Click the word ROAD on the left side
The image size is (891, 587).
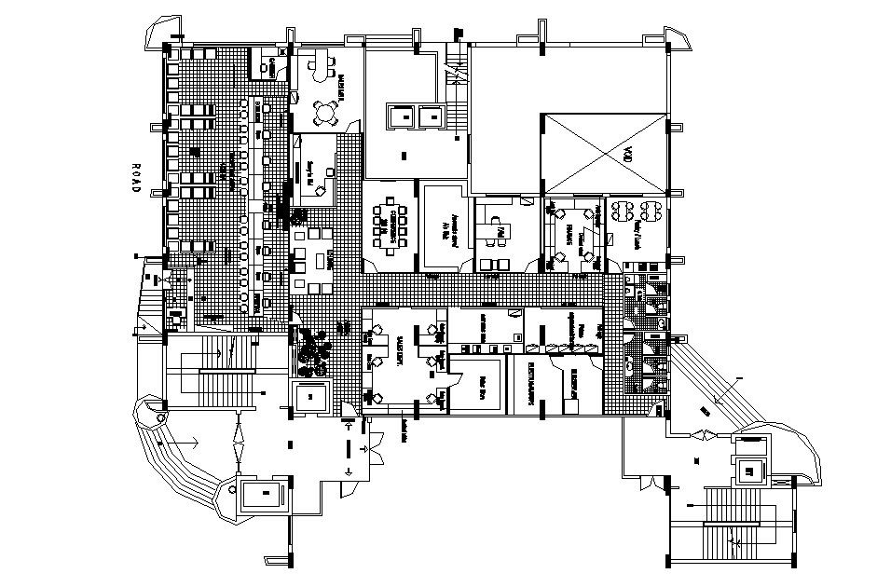pyautogui.click(x=134, y=177)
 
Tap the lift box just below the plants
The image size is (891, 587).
pyautogui.click(x=310, y=397)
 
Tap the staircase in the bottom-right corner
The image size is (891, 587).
pyautogui.click(x=736, y=526)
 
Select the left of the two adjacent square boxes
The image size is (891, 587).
pyautogui.click(x=403, y=116)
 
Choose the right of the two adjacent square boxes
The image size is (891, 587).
pyautogui.click(x=431, y=116)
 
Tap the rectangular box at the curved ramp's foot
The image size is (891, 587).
pyautogui.click(x=266, y=493)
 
